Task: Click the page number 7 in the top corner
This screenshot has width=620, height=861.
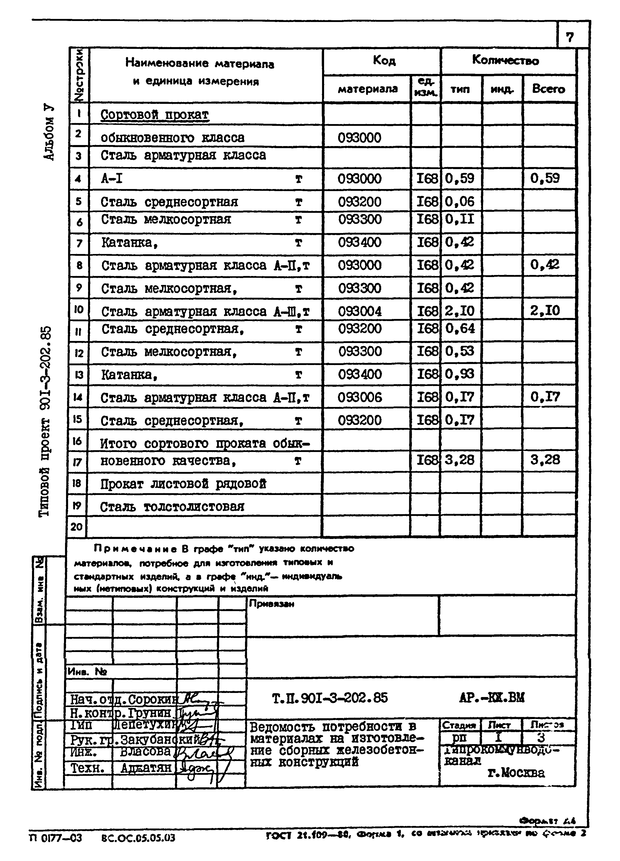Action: (x=570, y=37)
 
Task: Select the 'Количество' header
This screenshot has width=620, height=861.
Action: (x=505, y=60)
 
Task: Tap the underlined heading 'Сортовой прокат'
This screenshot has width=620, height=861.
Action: (x=155, y=115)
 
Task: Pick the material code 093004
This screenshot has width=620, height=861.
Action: (x=359, y=311)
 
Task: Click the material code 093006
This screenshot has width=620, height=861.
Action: (x=359, y=398)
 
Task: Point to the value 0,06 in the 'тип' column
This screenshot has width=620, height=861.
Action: (x=460, y=202)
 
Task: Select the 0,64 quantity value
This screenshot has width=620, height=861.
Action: (x=460, y=328)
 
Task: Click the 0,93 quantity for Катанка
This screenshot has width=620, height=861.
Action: (x=460, y=374)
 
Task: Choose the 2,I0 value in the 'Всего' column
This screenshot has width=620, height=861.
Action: (x=545, y=311)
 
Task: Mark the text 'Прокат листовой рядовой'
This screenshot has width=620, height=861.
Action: (x=183, y=484)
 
